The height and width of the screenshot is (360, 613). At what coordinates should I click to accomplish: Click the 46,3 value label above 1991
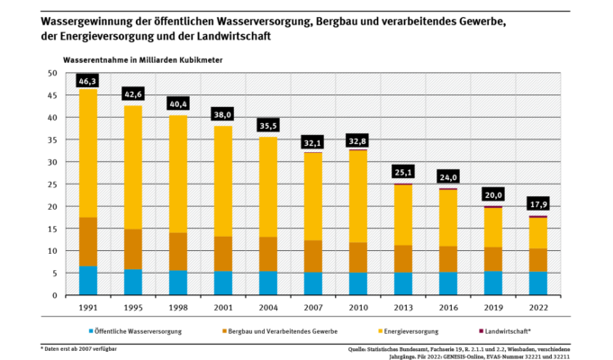pyautogui.click(x=88, y=81)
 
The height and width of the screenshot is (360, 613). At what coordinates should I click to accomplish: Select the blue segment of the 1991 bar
pyautogui.click(x=88, y=281)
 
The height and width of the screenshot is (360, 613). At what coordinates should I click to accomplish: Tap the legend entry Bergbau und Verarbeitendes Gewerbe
pyautogui.click(x=263, y=331)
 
